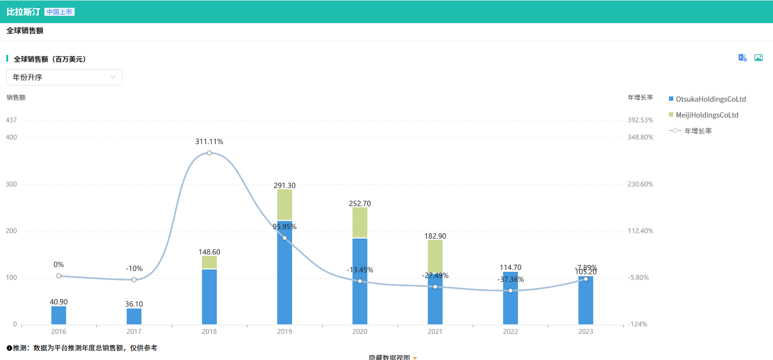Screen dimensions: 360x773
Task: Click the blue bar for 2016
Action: pyautogui.click(x=59, y=315)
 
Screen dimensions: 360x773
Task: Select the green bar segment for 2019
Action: pyautogui.click(x=284, y=205)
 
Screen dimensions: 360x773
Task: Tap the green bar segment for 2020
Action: pyautogui.click(x=360, y=222)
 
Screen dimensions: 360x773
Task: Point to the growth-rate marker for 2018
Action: pyautogui.click(x=209, y=153)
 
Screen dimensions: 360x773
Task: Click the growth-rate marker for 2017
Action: pyautogui.click(x=134, y=280)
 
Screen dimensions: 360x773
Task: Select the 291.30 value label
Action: pyautogui.click(x=284, y=186)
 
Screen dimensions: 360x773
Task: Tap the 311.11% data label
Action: pyautogui.click(x=209, y=142)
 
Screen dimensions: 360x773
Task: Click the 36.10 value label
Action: pyautogui.click(x=134, y=304)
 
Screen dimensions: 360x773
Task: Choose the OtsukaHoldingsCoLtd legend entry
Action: pyautogui.click(x=707, y=99)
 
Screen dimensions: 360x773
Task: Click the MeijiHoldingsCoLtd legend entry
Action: pyautogui.click(x=704, y=115)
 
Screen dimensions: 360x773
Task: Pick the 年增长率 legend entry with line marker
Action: pyautogui.click(x=691, y=131)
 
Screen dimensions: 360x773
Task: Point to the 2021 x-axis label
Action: pyautogui.click(x=435, y=332)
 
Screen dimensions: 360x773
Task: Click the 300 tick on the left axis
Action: pyautogui.click(x=11, y=184)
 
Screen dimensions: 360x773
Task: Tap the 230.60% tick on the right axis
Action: pyautogui.click(x=640, y=184)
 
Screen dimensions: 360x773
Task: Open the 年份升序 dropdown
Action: pyautogui.click(x=64, y=77)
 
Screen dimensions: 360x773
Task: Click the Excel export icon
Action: pyautogui.click(x=742, y=58)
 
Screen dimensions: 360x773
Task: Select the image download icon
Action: pyautogui.click(x=759, y=58)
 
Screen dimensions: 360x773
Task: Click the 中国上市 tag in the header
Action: pyautogui.click(x=59, y=12)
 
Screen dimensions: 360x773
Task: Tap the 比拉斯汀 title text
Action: pyautogui.click(x=23, y=12)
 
